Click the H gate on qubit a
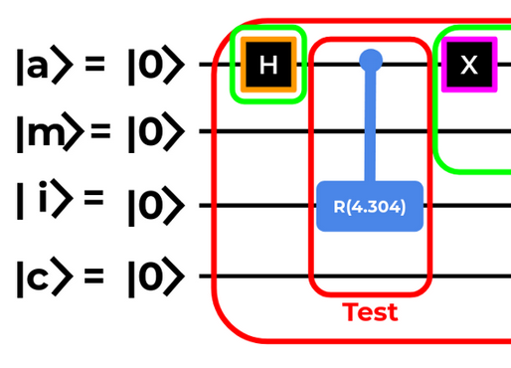(x=268, y=65)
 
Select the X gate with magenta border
(x=469, y=65)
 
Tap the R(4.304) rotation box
(x=370, y=206)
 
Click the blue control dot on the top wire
(x=371, y=61)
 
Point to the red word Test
(x=370, y=312)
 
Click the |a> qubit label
(x=45, y=65)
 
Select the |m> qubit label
(x=51, y=132)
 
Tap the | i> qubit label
(x=45, y=199)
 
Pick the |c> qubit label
(x=45, y=276)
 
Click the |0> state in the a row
(x=156, y=65)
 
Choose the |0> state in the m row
(x=156, y=132)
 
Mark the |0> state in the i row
(x=156, y=206)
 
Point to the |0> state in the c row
(x=156, y=276)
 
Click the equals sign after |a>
(x=94, y=64)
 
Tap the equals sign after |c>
(x=94, y=276)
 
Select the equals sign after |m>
(x=100, y=130)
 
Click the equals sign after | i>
(x=94, y=198)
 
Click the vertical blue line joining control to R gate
(x=371, y=126)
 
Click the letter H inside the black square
(x=268, y=65)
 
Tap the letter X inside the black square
(x=469, y=65)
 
